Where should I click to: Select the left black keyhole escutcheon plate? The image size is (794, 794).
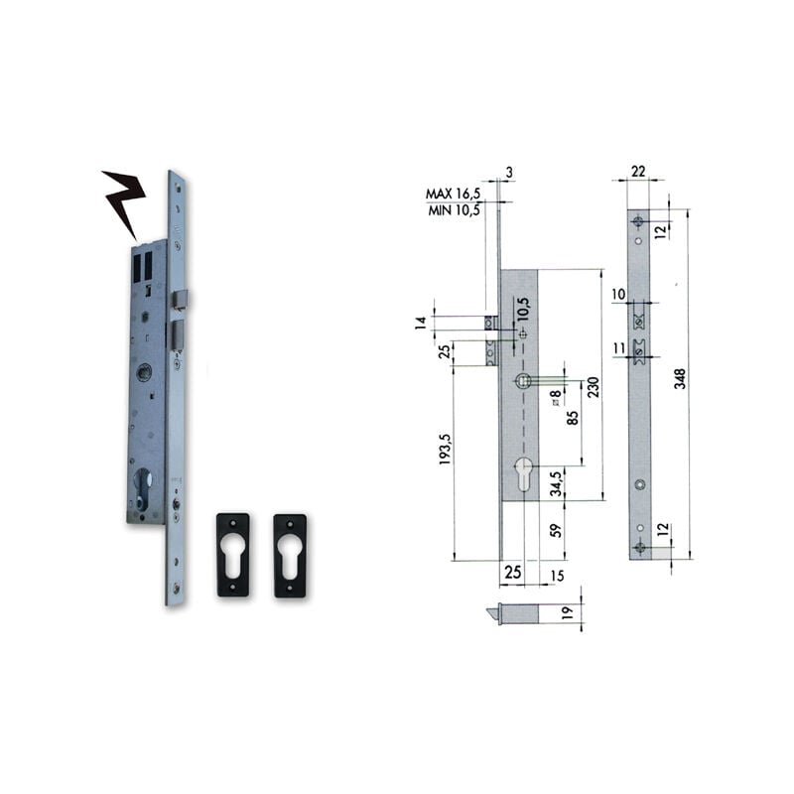(233, 555)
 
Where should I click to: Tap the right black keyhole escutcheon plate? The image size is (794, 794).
(290, 555)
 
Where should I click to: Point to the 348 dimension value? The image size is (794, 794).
(681, 378)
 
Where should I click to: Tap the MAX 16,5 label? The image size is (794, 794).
(452, 193)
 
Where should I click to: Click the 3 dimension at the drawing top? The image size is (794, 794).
(509, 172)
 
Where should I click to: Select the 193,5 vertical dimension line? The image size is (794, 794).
(456, 463)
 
